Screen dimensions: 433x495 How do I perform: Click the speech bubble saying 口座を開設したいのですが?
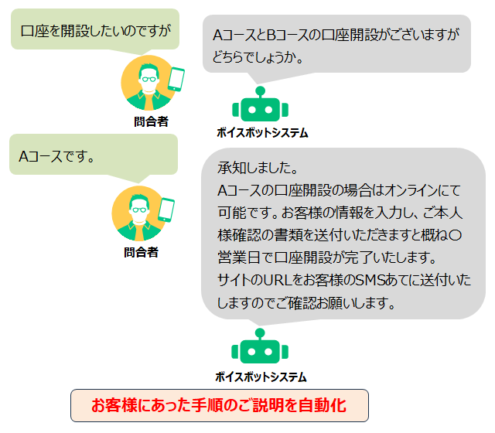click(94, 30)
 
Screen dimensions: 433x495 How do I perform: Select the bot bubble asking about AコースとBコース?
click(336, 45)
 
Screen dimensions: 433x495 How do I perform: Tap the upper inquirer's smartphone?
click(176, 79)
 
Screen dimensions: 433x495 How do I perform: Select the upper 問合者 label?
click(151, 121)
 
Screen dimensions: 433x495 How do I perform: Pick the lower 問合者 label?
click(141, 252)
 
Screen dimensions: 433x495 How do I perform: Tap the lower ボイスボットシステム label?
click(261, 377)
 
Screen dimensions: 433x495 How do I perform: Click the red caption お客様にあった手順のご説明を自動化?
click(219, 405)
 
